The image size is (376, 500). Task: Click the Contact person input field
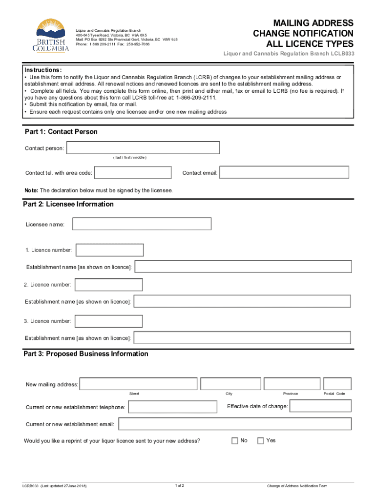[x=143, y=147]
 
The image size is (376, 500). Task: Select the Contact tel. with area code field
[x=133, y=173]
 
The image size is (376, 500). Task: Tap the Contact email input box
[x=284, y=173]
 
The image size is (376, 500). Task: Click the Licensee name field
[x=142, y=224]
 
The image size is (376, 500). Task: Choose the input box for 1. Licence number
[x=110, y=250]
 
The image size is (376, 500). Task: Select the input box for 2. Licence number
[x=108, y=285]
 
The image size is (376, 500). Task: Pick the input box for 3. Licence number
[x=108, y=321]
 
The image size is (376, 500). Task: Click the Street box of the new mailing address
[x=139, y=384]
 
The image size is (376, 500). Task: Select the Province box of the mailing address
[x=291, y=384]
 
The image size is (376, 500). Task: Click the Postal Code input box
[x=337, y=384]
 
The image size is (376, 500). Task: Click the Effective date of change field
[x=320, y=406]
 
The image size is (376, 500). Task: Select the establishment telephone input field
[x=172, y=407]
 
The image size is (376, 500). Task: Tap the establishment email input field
[x=234, y=424]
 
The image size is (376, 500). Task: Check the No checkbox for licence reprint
[x=235, y=441]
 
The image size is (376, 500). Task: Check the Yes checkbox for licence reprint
[x=260, y=441]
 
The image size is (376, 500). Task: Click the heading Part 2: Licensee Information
[x=68, y=204]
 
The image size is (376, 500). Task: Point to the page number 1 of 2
[x=179, y=485]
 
